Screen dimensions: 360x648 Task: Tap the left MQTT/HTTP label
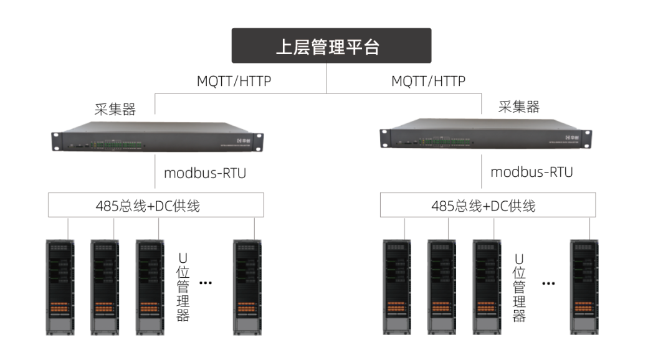[234, 81]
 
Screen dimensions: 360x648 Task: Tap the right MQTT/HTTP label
[428, 81]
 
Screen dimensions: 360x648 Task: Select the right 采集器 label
[518, 107]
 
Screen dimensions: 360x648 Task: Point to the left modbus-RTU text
[205, 173]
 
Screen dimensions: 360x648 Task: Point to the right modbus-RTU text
[531, 172]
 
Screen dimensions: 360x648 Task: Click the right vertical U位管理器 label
[519, 287]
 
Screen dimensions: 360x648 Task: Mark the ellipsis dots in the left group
[206, 283]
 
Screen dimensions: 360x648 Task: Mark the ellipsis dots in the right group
[548, 283]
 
